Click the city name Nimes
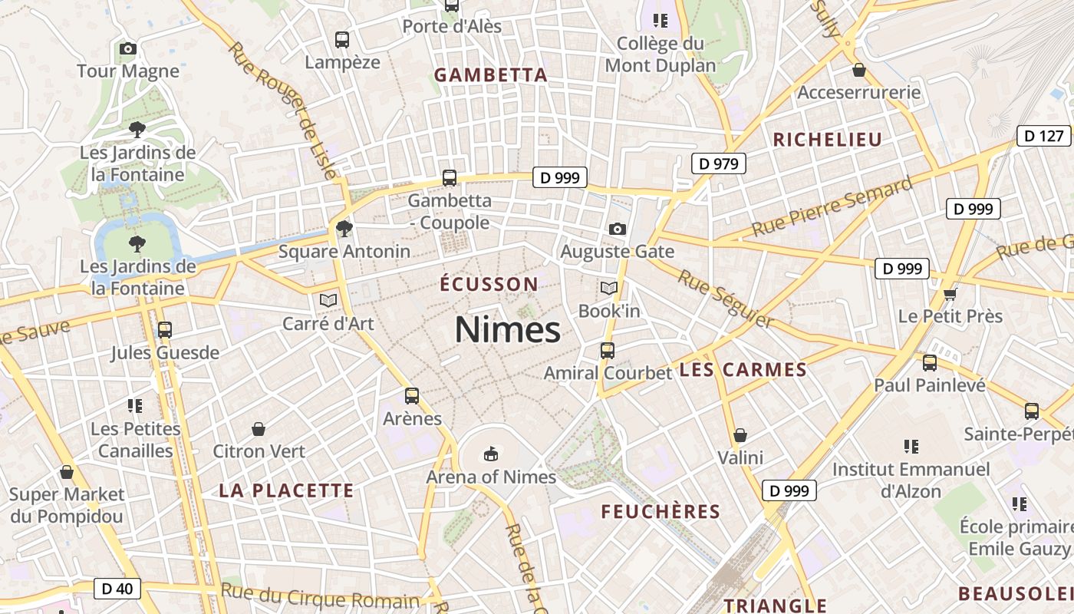507,330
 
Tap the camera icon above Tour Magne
128,49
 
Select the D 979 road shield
718,163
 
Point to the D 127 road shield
1043,136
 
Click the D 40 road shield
117,589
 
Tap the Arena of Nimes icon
491,454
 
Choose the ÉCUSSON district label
489,284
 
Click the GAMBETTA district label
491,75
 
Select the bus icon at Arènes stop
412,396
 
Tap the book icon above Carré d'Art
328,300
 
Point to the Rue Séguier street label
725,298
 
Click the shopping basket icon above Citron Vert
259,429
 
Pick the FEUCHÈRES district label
661,512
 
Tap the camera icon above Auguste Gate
617,229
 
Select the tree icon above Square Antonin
344,228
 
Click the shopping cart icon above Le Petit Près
950,293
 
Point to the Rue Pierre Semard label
832,206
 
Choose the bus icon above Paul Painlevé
930,363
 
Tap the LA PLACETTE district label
286,490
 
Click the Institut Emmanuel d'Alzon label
911,480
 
